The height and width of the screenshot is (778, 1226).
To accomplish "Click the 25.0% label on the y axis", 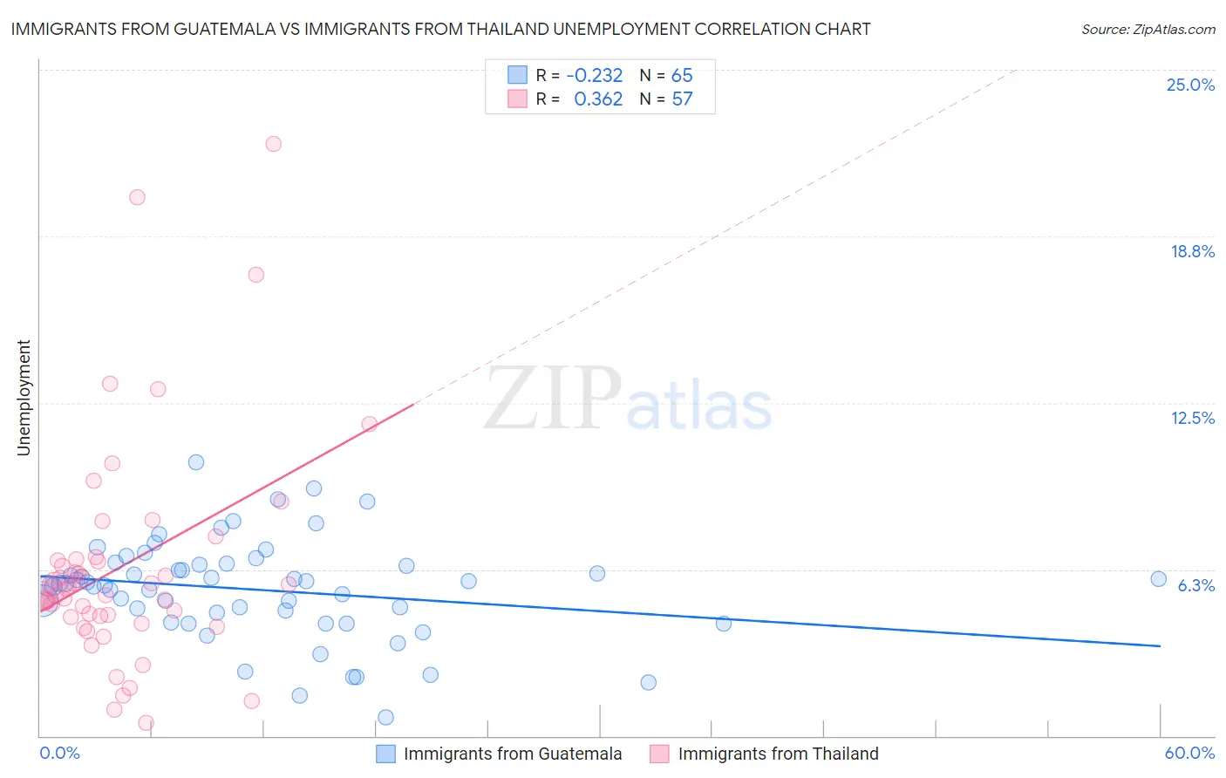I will pyautogui.click(x=1189, y=85).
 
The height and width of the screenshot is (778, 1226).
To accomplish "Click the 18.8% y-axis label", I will pyautogui.click(x=1191, y=252).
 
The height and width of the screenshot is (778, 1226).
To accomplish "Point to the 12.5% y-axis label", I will pyautogui.click(x=1191, y=419).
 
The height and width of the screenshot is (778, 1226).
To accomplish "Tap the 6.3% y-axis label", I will pyautogui.click(x=1195, y=585).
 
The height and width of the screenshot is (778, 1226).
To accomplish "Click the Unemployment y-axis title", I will pyautogui.click(x=24, y=398).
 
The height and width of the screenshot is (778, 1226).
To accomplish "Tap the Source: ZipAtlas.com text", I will pyautogui.click(x=1148, y=30).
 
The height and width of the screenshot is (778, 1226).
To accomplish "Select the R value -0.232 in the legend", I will pyautogui.click(x=595, y=76).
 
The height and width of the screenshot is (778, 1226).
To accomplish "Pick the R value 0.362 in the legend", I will pyautogui.click(x=598, y=99).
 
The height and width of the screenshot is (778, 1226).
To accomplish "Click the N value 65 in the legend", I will pyautogui.click(x=682, y=76).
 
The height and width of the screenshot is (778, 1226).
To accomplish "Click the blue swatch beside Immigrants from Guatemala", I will pyautogui.click(x=385, y=754).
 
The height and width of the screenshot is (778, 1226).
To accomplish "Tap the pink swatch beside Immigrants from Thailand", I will pyautogui.click(x=659, y=754).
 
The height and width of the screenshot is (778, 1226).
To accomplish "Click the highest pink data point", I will pyautogui.click(x=274, y=144).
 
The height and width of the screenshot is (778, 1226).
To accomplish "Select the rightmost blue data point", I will pyautogui.click(x=1158, y=579).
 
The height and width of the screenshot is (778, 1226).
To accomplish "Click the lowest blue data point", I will pyautogui.click(x=385, y=717).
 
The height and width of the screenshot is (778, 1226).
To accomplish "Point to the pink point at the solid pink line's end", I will pyautogui.click(x=369, y=424).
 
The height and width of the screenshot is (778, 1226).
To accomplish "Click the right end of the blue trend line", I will pyautogui.click(x=1160, y=646).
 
